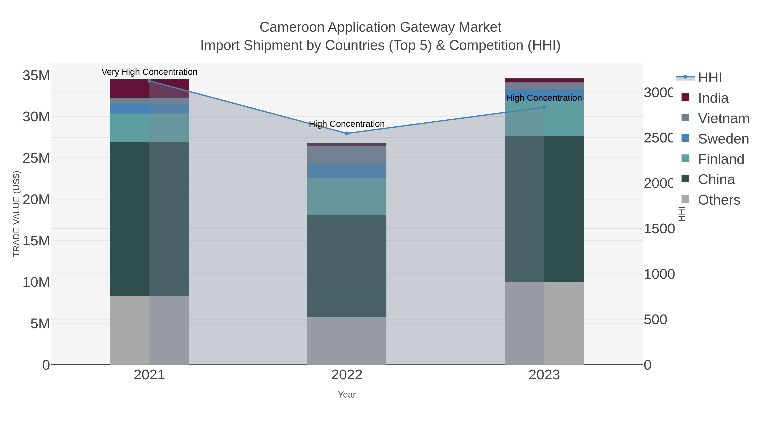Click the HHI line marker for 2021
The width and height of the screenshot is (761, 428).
pos(149,81)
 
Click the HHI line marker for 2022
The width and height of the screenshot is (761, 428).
pos(347,134)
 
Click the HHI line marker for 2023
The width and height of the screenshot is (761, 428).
pos(544,107)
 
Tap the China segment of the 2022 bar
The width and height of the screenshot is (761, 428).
pos(347,266)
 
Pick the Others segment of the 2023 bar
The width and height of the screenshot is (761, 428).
pos(544,323)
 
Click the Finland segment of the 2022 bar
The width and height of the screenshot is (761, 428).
pos(347,196)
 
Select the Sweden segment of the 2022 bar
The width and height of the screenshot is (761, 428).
pos(347,171)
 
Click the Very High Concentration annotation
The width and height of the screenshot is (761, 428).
pos(149,72)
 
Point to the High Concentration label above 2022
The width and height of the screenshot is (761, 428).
pos(347,124)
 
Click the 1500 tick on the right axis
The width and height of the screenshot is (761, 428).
pos(659,229)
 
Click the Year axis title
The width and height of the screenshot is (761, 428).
pos(347,395)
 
